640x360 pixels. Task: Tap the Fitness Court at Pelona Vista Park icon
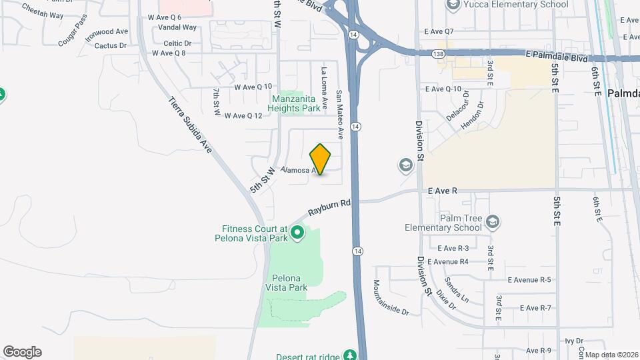(298, 233)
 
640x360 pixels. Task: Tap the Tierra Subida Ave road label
(190, 125)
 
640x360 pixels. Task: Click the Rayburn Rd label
(329, 208)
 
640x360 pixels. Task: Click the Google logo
(22, 352)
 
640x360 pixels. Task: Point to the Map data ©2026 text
(612, 355)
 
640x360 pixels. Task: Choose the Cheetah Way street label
(43, 11)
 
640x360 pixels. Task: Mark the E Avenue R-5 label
(529, 280)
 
